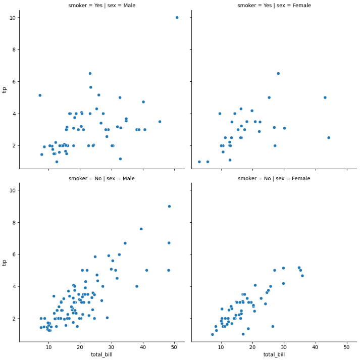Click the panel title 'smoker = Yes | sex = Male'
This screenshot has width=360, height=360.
click(101, 6)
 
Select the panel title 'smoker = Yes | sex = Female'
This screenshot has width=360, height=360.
click(274, 6)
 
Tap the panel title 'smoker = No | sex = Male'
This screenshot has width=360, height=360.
click(101, 178)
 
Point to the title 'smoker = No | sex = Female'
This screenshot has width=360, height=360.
click(274, 178)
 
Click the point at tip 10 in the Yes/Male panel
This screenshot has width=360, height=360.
click(177, 18)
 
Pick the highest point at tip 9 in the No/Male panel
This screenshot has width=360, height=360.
click(169, 206)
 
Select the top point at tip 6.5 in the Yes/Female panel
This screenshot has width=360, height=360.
click(278, 74)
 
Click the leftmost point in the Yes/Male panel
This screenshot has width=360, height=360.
click(40, 95)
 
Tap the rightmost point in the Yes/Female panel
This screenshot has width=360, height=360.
click(329, 138)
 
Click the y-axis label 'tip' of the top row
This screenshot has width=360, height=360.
click(5, 90)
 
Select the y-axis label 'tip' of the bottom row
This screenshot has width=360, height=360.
click(5, 263)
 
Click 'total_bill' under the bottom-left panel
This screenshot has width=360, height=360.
click(101, 355)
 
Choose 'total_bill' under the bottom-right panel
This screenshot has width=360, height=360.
click(274, 355)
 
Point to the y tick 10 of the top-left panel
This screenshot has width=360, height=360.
click(12, 18)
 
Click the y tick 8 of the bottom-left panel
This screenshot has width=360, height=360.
click(14, 222)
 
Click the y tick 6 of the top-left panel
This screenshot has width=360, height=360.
click(14, 82)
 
